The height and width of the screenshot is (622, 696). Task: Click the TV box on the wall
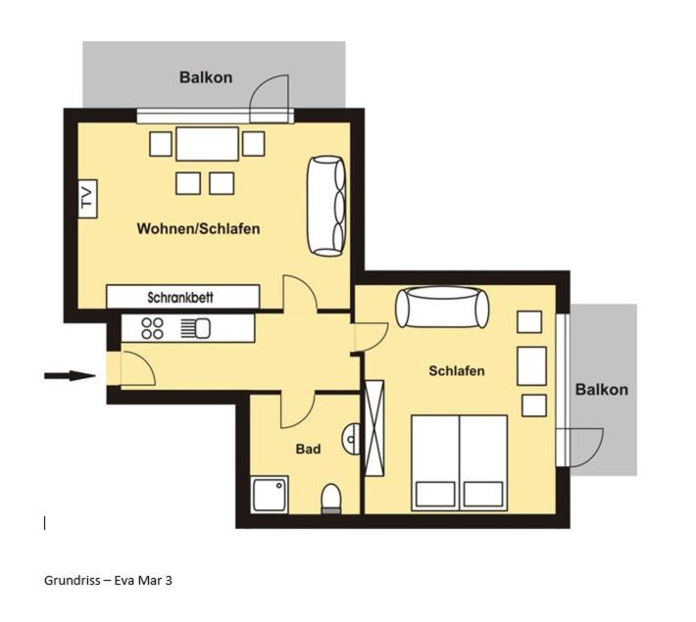[x=88, y=199]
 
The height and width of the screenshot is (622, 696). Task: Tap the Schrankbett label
[x=180, y=297]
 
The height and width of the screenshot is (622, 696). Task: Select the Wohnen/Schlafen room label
[x=198, y=228]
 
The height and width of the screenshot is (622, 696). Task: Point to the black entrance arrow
[x=70, y=376]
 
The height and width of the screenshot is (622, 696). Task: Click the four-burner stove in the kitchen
[x=152, y=329]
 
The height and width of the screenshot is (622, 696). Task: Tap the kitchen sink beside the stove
[x=196, y=329]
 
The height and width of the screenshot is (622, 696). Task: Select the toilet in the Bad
[x=330, y=499]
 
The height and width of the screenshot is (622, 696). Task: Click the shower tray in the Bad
[x=270, y=495]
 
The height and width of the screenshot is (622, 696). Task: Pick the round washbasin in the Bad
[x=351, y=439]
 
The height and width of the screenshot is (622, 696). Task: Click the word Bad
[x=308, y=449]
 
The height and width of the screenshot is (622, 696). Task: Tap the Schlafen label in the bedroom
[x=456, y=370]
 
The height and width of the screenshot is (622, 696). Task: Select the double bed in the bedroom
[x=460, y=462]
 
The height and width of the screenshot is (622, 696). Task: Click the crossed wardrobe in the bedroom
[x=373, y=428]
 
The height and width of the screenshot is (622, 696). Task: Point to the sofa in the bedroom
[x=442, y=308]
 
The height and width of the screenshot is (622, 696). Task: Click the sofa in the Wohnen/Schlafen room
[x=326, y=206]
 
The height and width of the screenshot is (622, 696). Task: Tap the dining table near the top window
[x=207, y=144]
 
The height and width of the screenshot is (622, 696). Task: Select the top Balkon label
[x=206, y=77]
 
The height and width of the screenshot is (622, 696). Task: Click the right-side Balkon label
[x=602, y=390]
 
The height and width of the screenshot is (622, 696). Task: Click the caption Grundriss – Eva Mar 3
[x=108, y=580]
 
